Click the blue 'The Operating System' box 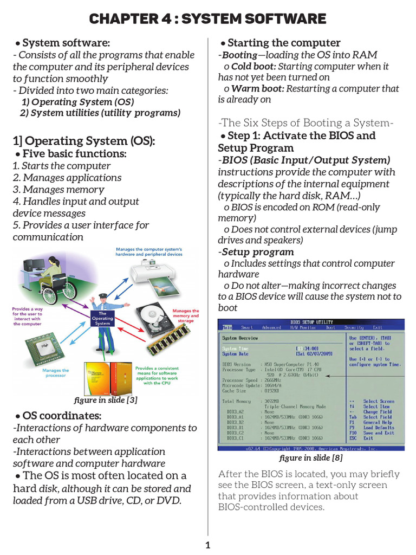102,319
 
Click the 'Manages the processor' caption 56,373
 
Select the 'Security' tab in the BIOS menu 354,327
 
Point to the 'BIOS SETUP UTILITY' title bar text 312,322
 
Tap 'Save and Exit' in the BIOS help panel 379,433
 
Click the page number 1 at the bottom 207,545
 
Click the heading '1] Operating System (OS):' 84,141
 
